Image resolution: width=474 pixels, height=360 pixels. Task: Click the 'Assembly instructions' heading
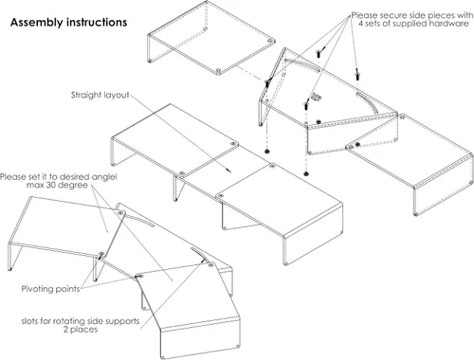[x=68, y=23]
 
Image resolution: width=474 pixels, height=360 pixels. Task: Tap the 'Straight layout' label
[x=100, y=95]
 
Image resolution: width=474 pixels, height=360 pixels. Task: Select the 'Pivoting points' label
[x=50, y=289]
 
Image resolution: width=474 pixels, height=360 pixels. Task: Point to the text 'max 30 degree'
[x=57, y=185]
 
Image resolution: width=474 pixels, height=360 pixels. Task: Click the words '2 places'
[x=81, y=330]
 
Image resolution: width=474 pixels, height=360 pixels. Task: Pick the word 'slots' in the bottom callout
[x=30, y=321]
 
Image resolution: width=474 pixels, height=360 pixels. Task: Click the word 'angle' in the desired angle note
[x=103, y=177]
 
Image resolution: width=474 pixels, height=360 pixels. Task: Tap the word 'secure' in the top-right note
[x=393, y=15]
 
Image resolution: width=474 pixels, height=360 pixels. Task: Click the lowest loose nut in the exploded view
[x=305, y=173]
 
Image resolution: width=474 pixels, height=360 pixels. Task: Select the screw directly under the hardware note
[x=357, y=75]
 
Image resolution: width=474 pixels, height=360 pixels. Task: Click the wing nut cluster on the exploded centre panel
[x=315, y=97]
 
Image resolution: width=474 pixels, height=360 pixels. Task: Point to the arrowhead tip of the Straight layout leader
[x=231, y=172]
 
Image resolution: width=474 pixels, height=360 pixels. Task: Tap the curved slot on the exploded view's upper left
[x=302, y=63]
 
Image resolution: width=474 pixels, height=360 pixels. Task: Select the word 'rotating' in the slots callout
[x=65, y=321]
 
